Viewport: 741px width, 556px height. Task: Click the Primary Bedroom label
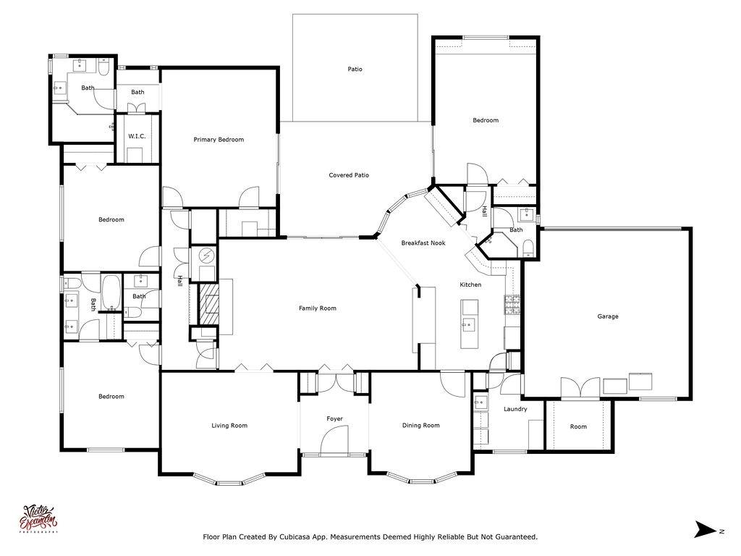pos(219,140)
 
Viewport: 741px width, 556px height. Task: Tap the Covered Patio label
pos(349,175)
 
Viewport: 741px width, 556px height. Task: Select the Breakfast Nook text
pos(423,243)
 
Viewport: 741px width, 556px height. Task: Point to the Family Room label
pos(318,308)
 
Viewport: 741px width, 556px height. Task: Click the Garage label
pos(608,316)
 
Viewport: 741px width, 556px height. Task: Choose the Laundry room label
pos(515,409)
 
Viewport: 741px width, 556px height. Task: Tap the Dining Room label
pos(421,426)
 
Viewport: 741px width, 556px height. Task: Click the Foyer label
pos(334,419)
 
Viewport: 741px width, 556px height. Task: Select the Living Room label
pos(229,426)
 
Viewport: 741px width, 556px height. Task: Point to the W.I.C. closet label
pos(137,136)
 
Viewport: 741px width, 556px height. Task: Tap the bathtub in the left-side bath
pos(111,293)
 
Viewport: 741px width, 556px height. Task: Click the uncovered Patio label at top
pos(355,69)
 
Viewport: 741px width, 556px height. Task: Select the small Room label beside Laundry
pos(578,427)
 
